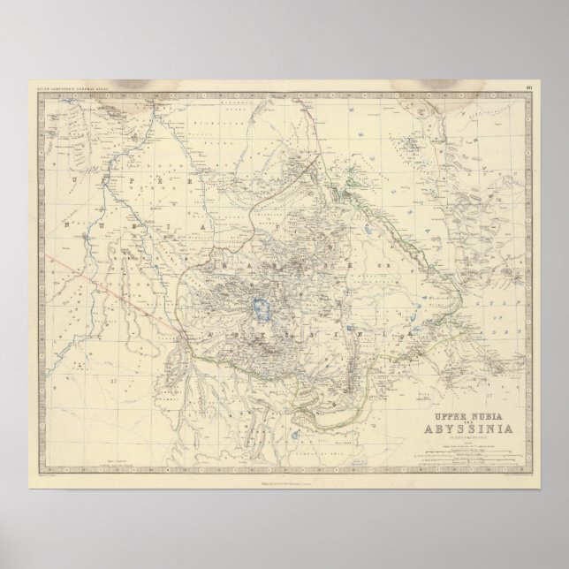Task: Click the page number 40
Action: pyautogui.click(x=527, y=87)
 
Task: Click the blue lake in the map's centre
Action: pyautogui.click(x=261, y=309)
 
